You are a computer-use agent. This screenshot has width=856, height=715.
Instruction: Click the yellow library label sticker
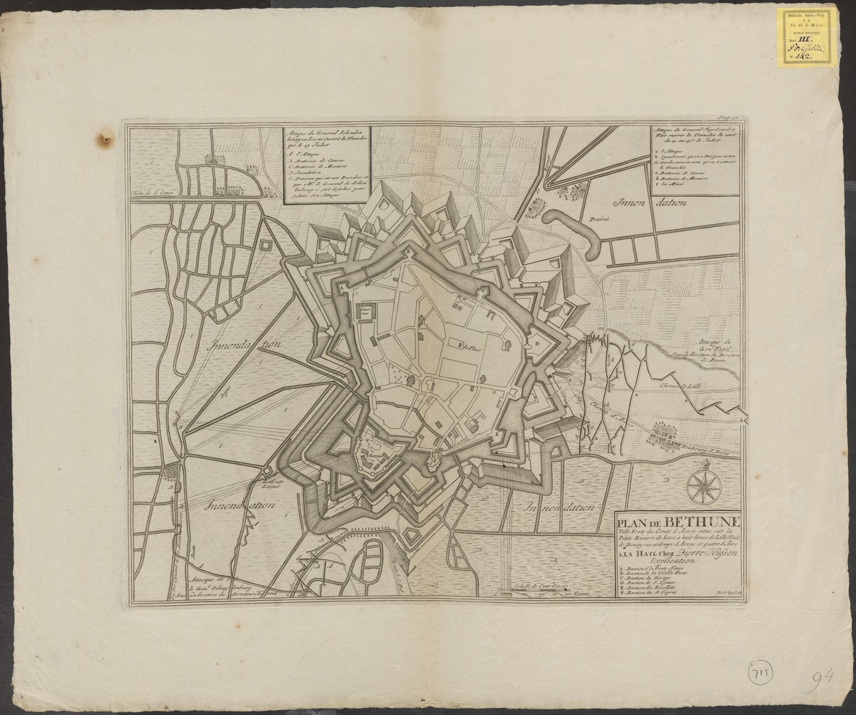[x=807, y=37]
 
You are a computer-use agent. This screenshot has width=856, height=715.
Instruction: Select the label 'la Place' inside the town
[x=469, y=349]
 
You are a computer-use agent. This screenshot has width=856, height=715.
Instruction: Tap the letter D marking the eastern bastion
[x=536, y=343]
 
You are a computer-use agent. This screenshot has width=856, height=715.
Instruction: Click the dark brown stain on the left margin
[x=106, y=138]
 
